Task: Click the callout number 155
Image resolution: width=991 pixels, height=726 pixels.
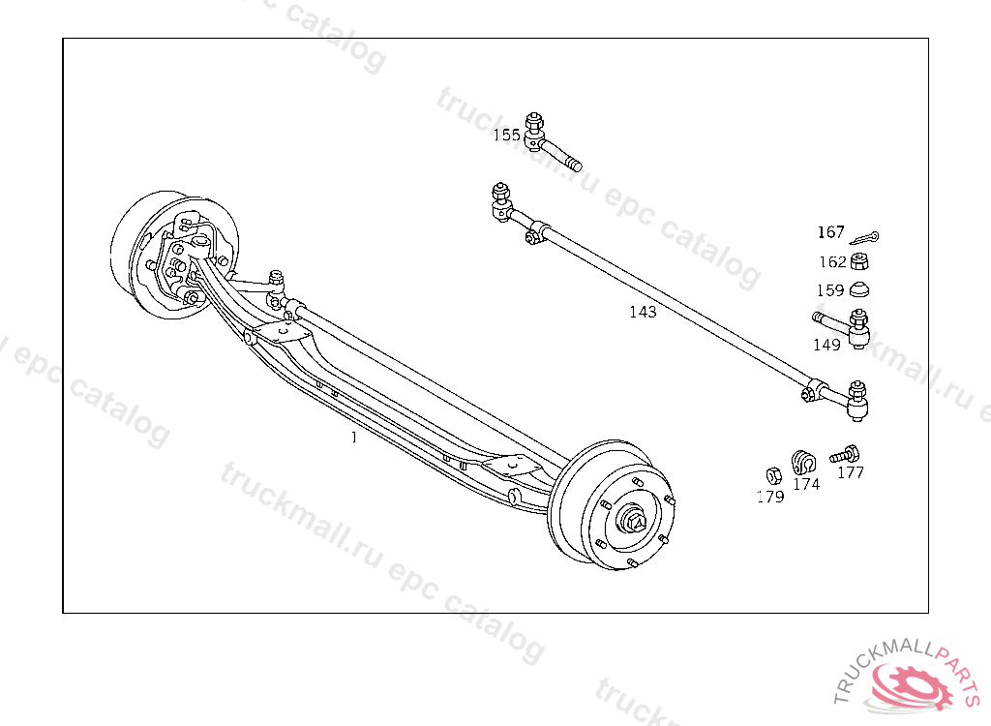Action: click(506, 135)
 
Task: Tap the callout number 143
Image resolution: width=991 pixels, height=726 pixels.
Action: click(643, 312)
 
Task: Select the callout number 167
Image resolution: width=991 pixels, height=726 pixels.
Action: click(831, 232)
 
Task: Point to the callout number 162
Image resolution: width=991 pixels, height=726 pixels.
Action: click(832, 261)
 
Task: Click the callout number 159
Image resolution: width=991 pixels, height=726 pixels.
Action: click(829, 289)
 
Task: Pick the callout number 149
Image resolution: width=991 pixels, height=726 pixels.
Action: click(826, 345)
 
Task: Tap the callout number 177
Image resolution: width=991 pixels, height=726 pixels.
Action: click(851, 472)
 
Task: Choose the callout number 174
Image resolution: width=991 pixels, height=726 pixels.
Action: click(806, 484)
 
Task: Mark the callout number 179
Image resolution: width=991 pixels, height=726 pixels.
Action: click(770, 497)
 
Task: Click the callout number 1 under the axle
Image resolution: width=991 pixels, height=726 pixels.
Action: click(354, 438)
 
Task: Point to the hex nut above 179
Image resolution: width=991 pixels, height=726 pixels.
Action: click(773, 475)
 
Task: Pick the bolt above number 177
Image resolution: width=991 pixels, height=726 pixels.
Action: click(845, 452)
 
